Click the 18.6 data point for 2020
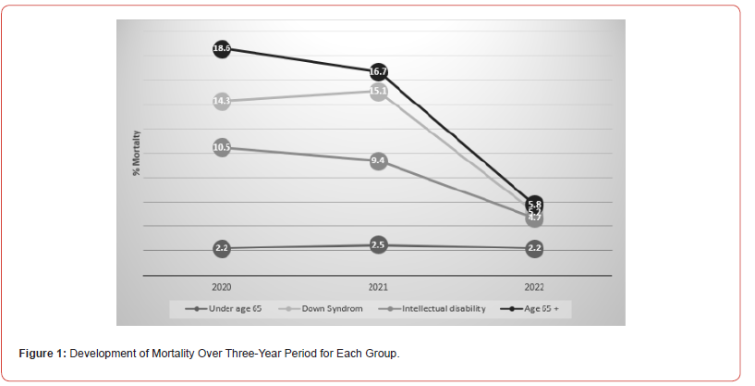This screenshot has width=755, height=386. pos(222,48)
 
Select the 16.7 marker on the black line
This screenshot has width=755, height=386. pos(378,71)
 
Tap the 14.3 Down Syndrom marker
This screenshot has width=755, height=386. pos(222,101)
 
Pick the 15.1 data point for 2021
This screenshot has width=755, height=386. pos(378,91)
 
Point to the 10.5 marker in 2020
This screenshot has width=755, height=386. pos(222,147)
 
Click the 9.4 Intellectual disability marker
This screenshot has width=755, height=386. pos(378,161)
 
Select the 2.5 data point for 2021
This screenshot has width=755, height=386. pos(378,245)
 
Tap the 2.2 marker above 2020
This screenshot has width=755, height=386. pos(222,248)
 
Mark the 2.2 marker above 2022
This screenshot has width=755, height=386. pos(534,248)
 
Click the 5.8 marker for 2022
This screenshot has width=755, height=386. pos(534,203)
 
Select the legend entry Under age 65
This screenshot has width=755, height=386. pos(229,308)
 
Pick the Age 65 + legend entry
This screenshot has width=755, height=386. pos(540,308)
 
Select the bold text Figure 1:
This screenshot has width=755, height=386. pos(43,354)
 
